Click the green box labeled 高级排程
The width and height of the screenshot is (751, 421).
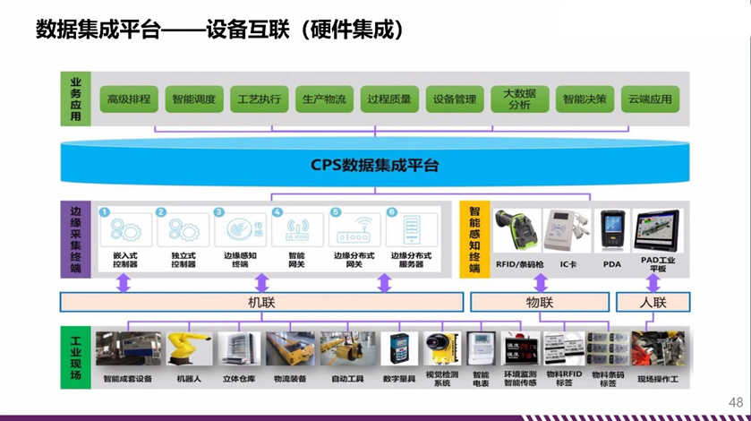[129, 99]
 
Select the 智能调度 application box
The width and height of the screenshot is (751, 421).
[194, 99]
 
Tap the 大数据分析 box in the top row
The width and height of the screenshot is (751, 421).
[519, 99]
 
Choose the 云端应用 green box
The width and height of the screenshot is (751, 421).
[649, 99]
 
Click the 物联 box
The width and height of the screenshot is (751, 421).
[539, 302]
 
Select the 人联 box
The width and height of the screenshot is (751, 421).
[653, 302]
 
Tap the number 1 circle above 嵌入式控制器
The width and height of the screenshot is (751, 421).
[105, 212]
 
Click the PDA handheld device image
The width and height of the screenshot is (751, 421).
[611, 230]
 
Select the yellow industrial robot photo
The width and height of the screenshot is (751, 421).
[187, 349]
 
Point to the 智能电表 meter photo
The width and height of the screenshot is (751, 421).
[481, 349]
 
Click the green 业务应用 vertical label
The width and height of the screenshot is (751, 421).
[76, 99]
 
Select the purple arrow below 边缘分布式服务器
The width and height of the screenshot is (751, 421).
[384, 283]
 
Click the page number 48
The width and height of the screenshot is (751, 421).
[736, 401]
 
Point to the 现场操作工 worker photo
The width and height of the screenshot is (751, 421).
[658, 349]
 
